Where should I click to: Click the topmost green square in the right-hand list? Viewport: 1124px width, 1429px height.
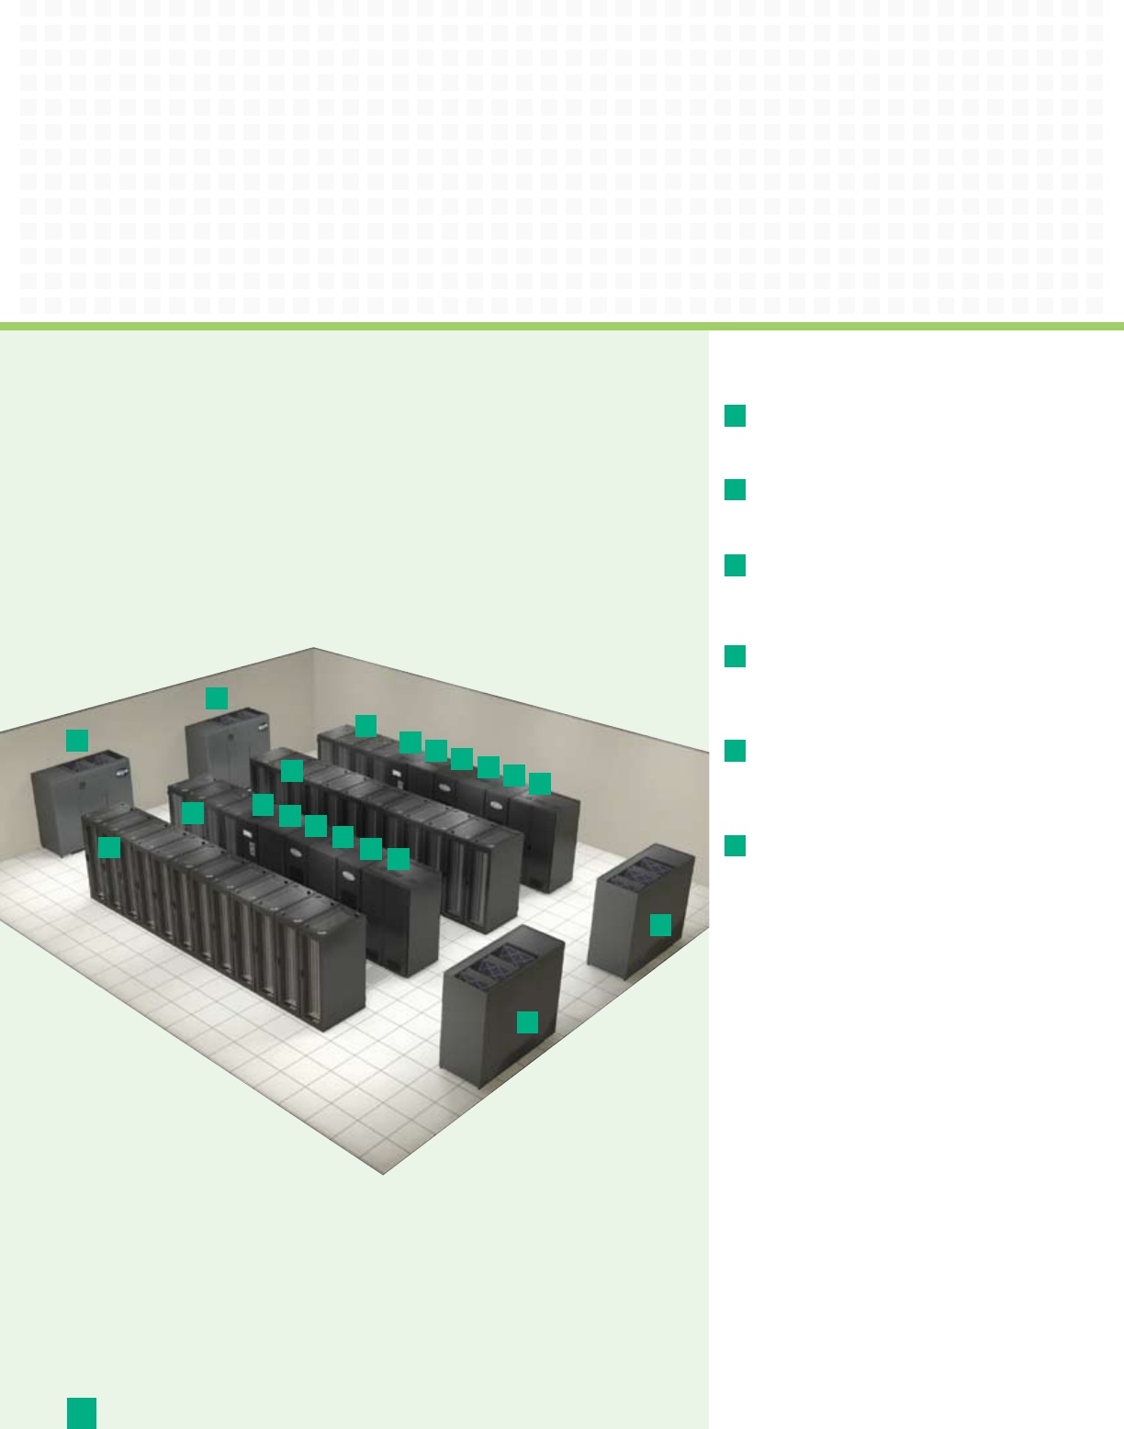[735, 416]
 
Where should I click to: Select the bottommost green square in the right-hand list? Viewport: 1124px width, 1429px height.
[735, 845]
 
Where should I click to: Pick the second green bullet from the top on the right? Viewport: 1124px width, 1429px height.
[735, 489]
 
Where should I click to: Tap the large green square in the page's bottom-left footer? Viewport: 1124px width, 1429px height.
[82, 1412]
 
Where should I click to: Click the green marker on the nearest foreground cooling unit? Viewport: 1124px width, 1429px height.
[527, 1022]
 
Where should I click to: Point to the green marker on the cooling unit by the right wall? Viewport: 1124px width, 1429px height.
[660, 924]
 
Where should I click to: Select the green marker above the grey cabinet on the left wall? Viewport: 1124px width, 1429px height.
[77, 740]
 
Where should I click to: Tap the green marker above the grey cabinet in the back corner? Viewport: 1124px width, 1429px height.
[216, 698]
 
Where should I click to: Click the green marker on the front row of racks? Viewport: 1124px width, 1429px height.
[109, 847]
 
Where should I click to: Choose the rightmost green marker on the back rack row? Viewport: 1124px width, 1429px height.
[540, 783]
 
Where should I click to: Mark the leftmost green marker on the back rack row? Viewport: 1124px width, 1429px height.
[365, 726]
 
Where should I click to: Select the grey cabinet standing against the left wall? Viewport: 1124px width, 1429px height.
[78, 803]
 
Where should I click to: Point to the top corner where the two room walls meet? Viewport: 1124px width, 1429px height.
[314, 649]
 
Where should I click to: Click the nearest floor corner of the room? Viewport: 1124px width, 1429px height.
[384, 1173]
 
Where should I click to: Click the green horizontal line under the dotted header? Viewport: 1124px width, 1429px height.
[562, 326]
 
